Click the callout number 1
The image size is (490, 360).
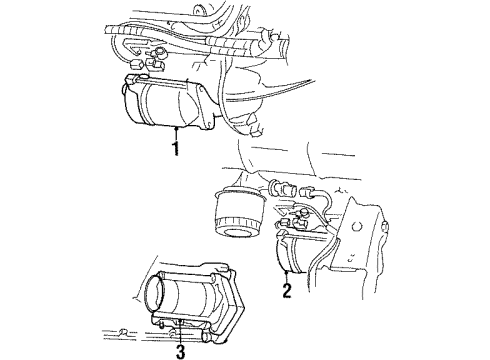pos(175,149)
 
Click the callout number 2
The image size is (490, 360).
pos(286,291)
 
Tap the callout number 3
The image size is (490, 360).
pos(180,350)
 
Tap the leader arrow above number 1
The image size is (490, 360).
pos(175,133)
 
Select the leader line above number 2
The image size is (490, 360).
pos(286,277)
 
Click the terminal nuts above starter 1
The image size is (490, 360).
pos(150,62)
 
